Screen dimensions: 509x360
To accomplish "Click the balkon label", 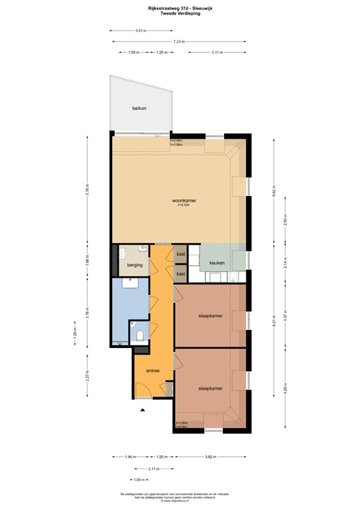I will (x=139, y=108).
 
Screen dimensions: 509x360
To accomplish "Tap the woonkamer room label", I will (x=184, y=200).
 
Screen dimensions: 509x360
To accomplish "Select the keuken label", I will (x=217, y=263).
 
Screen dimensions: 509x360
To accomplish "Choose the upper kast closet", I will (x=180, y=254).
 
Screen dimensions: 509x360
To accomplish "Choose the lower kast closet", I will (x=180, y=273).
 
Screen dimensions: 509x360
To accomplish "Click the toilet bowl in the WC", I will (x=140, y=335).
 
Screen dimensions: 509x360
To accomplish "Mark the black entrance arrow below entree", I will (x=142, y=410).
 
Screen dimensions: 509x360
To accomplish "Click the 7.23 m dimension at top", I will (x=178, y=41).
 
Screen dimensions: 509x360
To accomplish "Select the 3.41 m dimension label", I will (x=140, y=30).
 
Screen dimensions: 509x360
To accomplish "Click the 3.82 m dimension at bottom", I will (x=210, y=456).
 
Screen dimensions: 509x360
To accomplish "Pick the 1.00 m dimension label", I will (x=139, y=479).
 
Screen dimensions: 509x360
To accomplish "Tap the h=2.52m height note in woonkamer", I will (x=184, y=205).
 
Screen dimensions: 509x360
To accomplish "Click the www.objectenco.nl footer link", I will (x=180, y=502).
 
